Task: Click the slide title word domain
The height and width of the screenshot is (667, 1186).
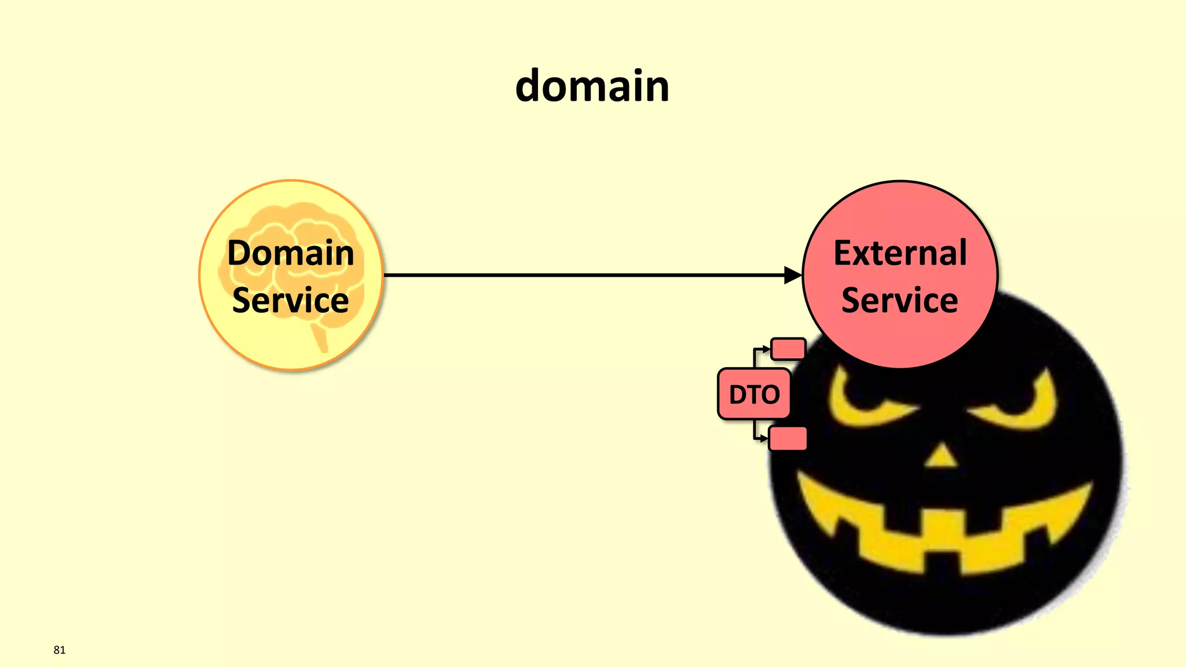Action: pos(592,86)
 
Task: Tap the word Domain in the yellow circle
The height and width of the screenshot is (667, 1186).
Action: pos(291,253)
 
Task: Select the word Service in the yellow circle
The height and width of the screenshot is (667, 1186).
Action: pos(291,300)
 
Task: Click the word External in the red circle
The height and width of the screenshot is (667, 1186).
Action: pos(900,253)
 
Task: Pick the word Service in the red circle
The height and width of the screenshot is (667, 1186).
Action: pos(900,300)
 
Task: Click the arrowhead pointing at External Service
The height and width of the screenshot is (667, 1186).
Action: pos(793,275)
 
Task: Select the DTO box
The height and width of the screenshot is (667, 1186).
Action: pos(754,394)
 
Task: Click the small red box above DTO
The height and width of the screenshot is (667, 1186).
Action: pos(788,349)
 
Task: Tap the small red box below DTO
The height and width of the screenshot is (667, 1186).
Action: pos(788,438)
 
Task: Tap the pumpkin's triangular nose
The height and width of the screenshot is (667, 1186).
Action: pos(942,457)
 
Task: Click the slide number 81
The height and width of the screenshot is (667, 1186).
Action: pos(59,650)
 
